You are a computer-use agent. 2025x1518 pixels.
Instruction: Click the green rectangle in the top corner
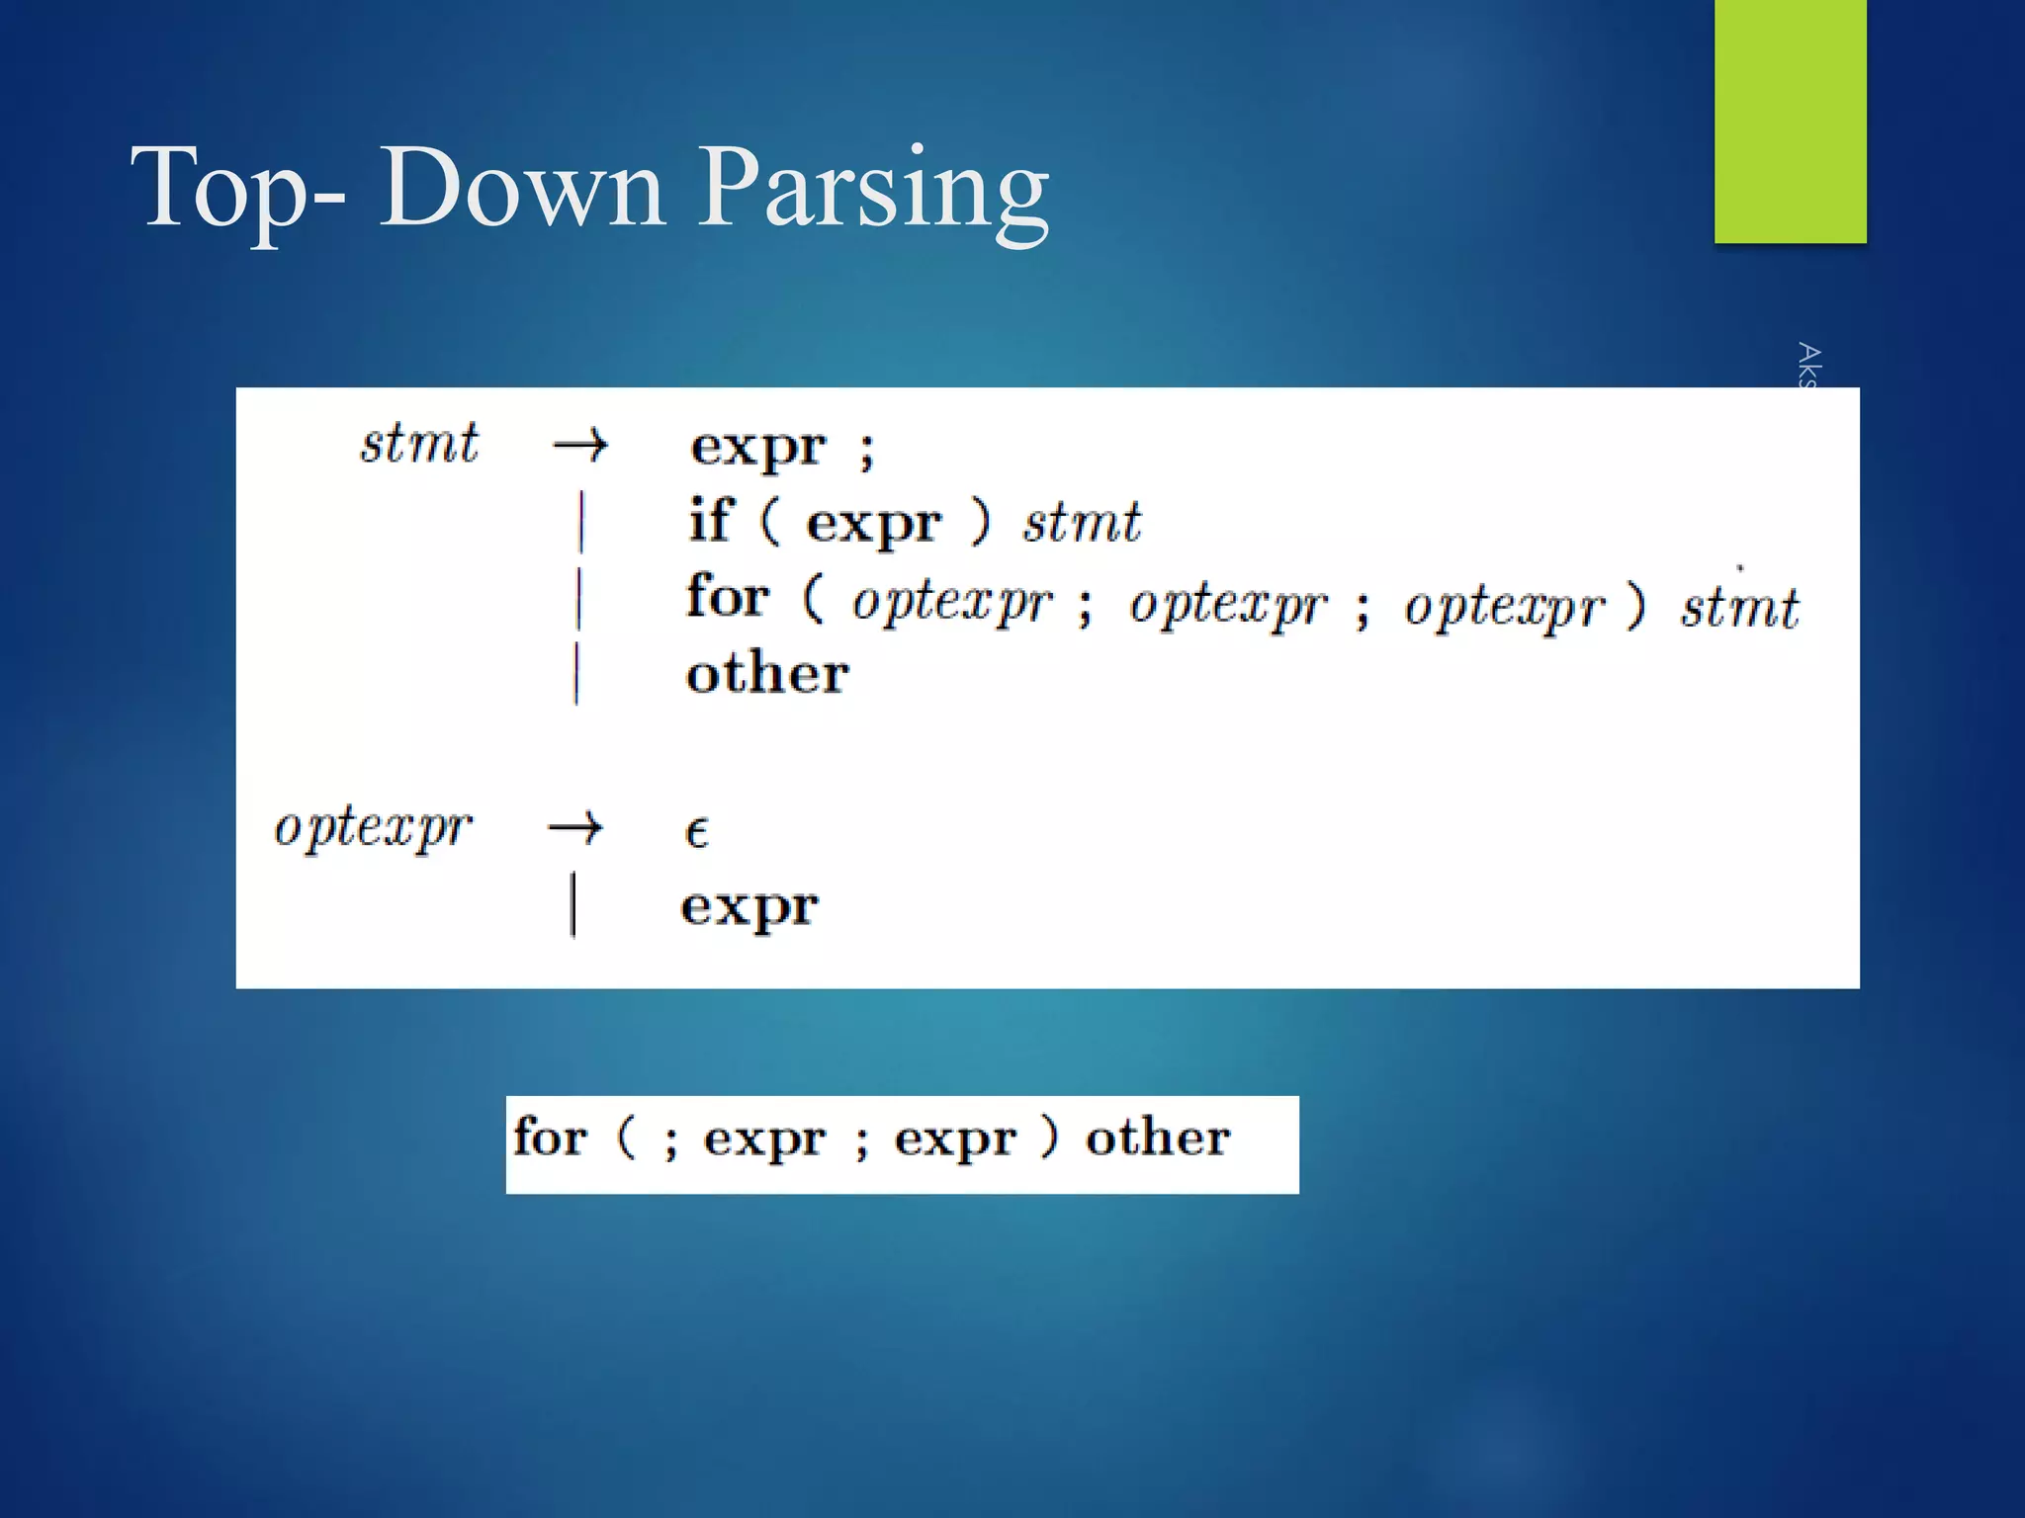point(1790,121)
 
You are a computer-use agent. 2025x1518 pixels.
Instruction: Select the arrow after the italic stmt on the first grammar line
point(580,447)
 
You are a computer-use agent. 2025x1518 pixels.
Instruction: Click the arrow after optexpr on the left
point(575,827)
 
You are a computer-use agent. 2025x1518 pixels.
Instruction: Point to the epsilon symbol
point(696,832)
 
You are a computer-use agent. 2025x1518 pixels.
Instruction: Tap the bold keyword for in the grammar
point(728,597)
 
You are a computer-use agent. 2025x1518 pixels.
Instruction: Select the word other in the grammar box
point(767,674)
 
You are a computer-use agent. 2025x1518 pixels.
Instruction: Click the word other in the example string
point(1158,1138)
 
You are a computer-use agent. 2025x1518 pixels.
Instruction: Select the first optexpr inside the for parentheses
point(952,603)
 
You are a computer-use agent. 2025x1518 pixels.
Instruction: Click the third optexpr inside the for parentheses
point(1504,605)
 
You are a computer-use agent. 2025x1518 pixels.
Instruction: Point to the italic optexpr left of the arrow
point(373,827)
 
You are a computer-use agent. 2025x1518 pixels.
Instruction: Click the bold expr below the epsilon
point(749,907)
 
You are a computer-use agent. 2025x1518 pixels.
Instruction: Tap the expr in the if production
point(873,524)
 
